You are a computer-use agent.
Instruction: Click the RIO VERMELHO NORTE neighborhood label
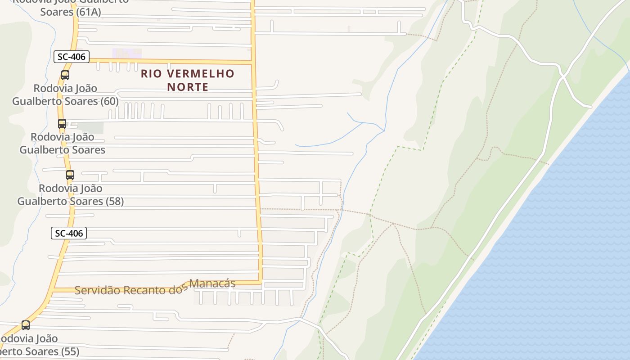coord(188,80)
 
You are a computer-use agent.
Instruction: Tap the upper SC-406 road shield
coord(72,57)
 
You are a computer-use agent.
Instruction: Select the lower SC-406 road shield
coord(68,233)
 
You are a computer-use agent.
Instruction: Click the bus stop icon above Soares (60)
coord(65,75)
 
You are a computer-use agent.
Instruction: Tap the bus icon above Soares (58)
coord(70,175)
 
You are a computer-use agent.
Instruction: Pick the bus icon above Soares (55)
coord(26,325)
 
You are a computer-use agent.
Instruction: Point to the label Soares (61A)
coord(70,12)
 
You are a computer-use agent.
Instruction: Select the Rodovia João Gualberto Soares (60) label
coord(65,95)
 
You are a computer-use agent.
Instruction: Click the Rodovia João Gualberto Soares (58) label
coord(70,195)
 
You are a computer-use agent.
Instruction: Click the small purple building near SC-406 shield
coord(126,54)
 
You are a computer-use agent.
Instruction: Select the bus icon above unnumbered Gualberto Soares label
coord(62,123)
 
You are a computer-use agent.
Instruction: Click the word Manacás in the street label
coord(212,283)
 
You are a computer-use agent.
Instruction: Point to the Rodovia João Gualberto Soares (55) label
coord(36,345)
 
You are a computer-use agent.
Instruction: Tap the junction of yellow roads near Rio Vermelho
coord(252,62)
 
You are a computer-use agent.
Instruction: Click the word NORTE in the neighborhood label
coord(188,87)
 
